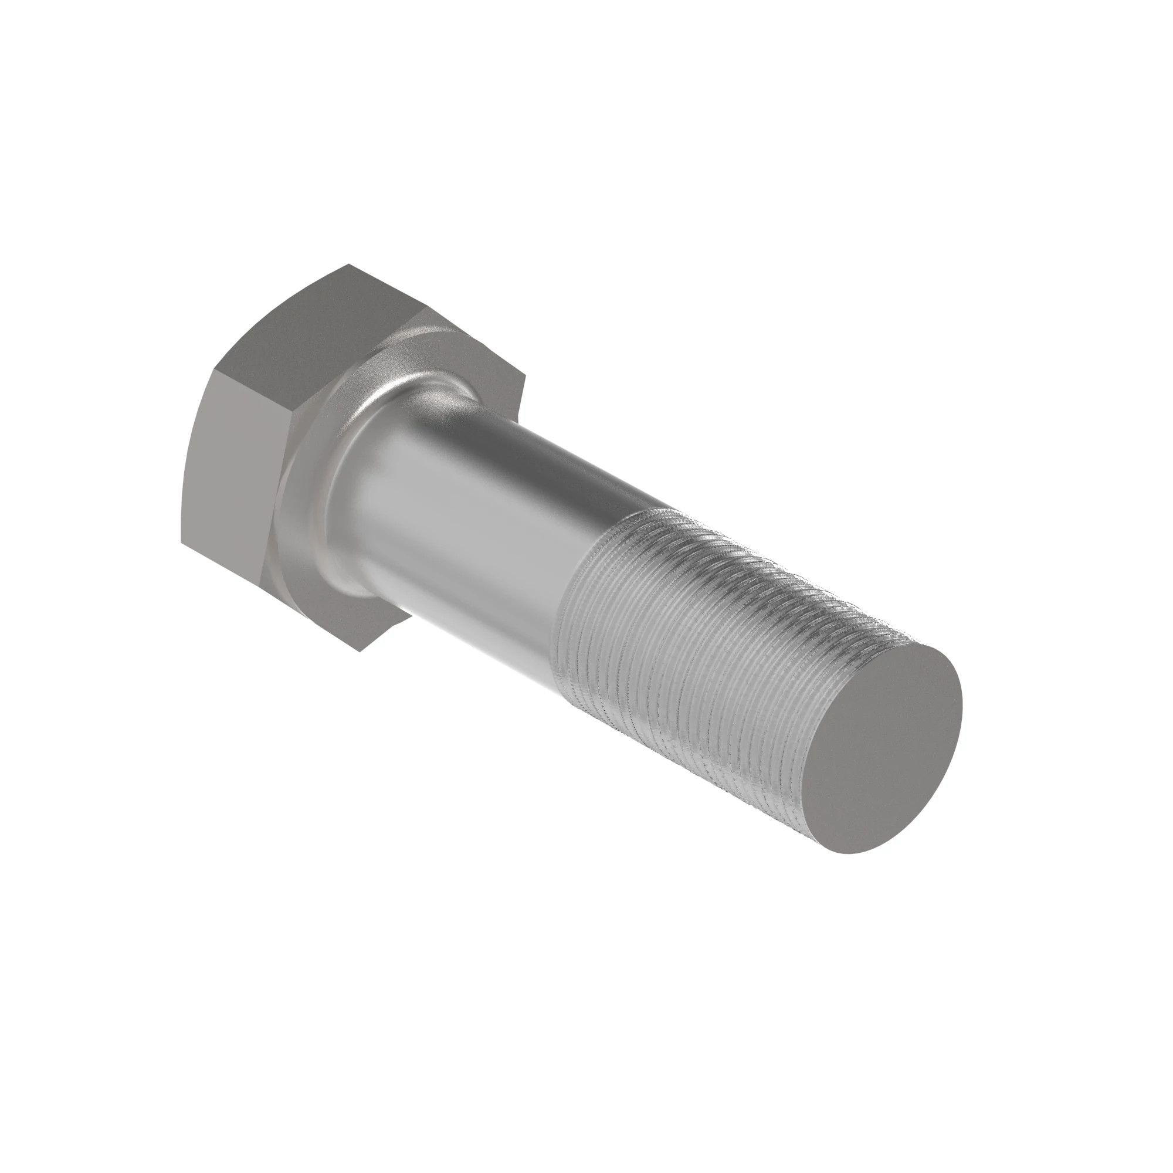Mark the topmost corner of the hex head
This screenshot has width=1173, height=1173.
tap(348, 265)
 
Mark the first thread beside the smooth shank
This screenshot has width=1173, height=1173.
tap(583, 583)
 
